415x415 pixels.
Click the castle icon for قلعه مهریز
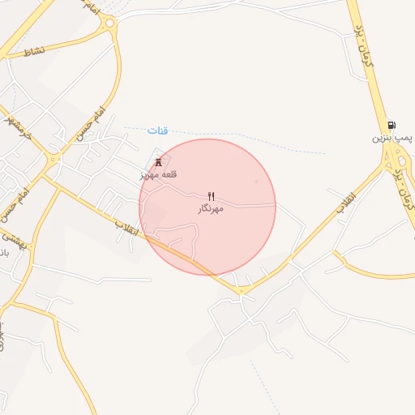tap(158, 161)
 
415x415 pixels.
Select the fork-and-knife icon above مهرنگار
tap(212, 196)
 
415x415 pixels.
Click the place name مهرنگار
tap(211, 209)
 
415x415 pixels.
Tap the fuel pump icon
tap(392, 125)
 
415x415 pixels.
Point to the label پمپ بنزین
tap(392, 139)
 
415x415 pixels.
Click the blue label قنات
tap(158, 130)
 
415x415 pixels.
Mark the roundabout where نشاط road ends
tap(109, 23)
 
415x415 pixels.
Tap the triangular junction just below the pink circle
tap(242, 290)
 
